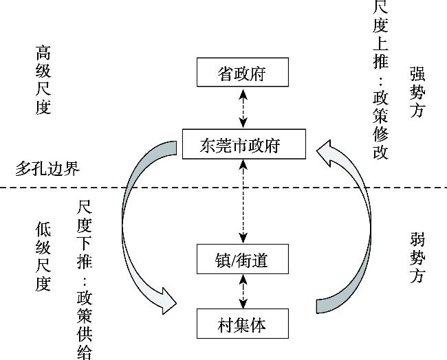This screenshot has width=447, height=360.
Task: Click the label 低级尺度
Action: [x=43, y=256]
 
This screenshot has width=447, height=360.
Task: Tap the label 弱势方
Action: [x=417, y=258]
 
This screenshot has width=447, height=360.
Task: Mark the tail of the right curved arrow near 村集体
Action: [x=322, y=304]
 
